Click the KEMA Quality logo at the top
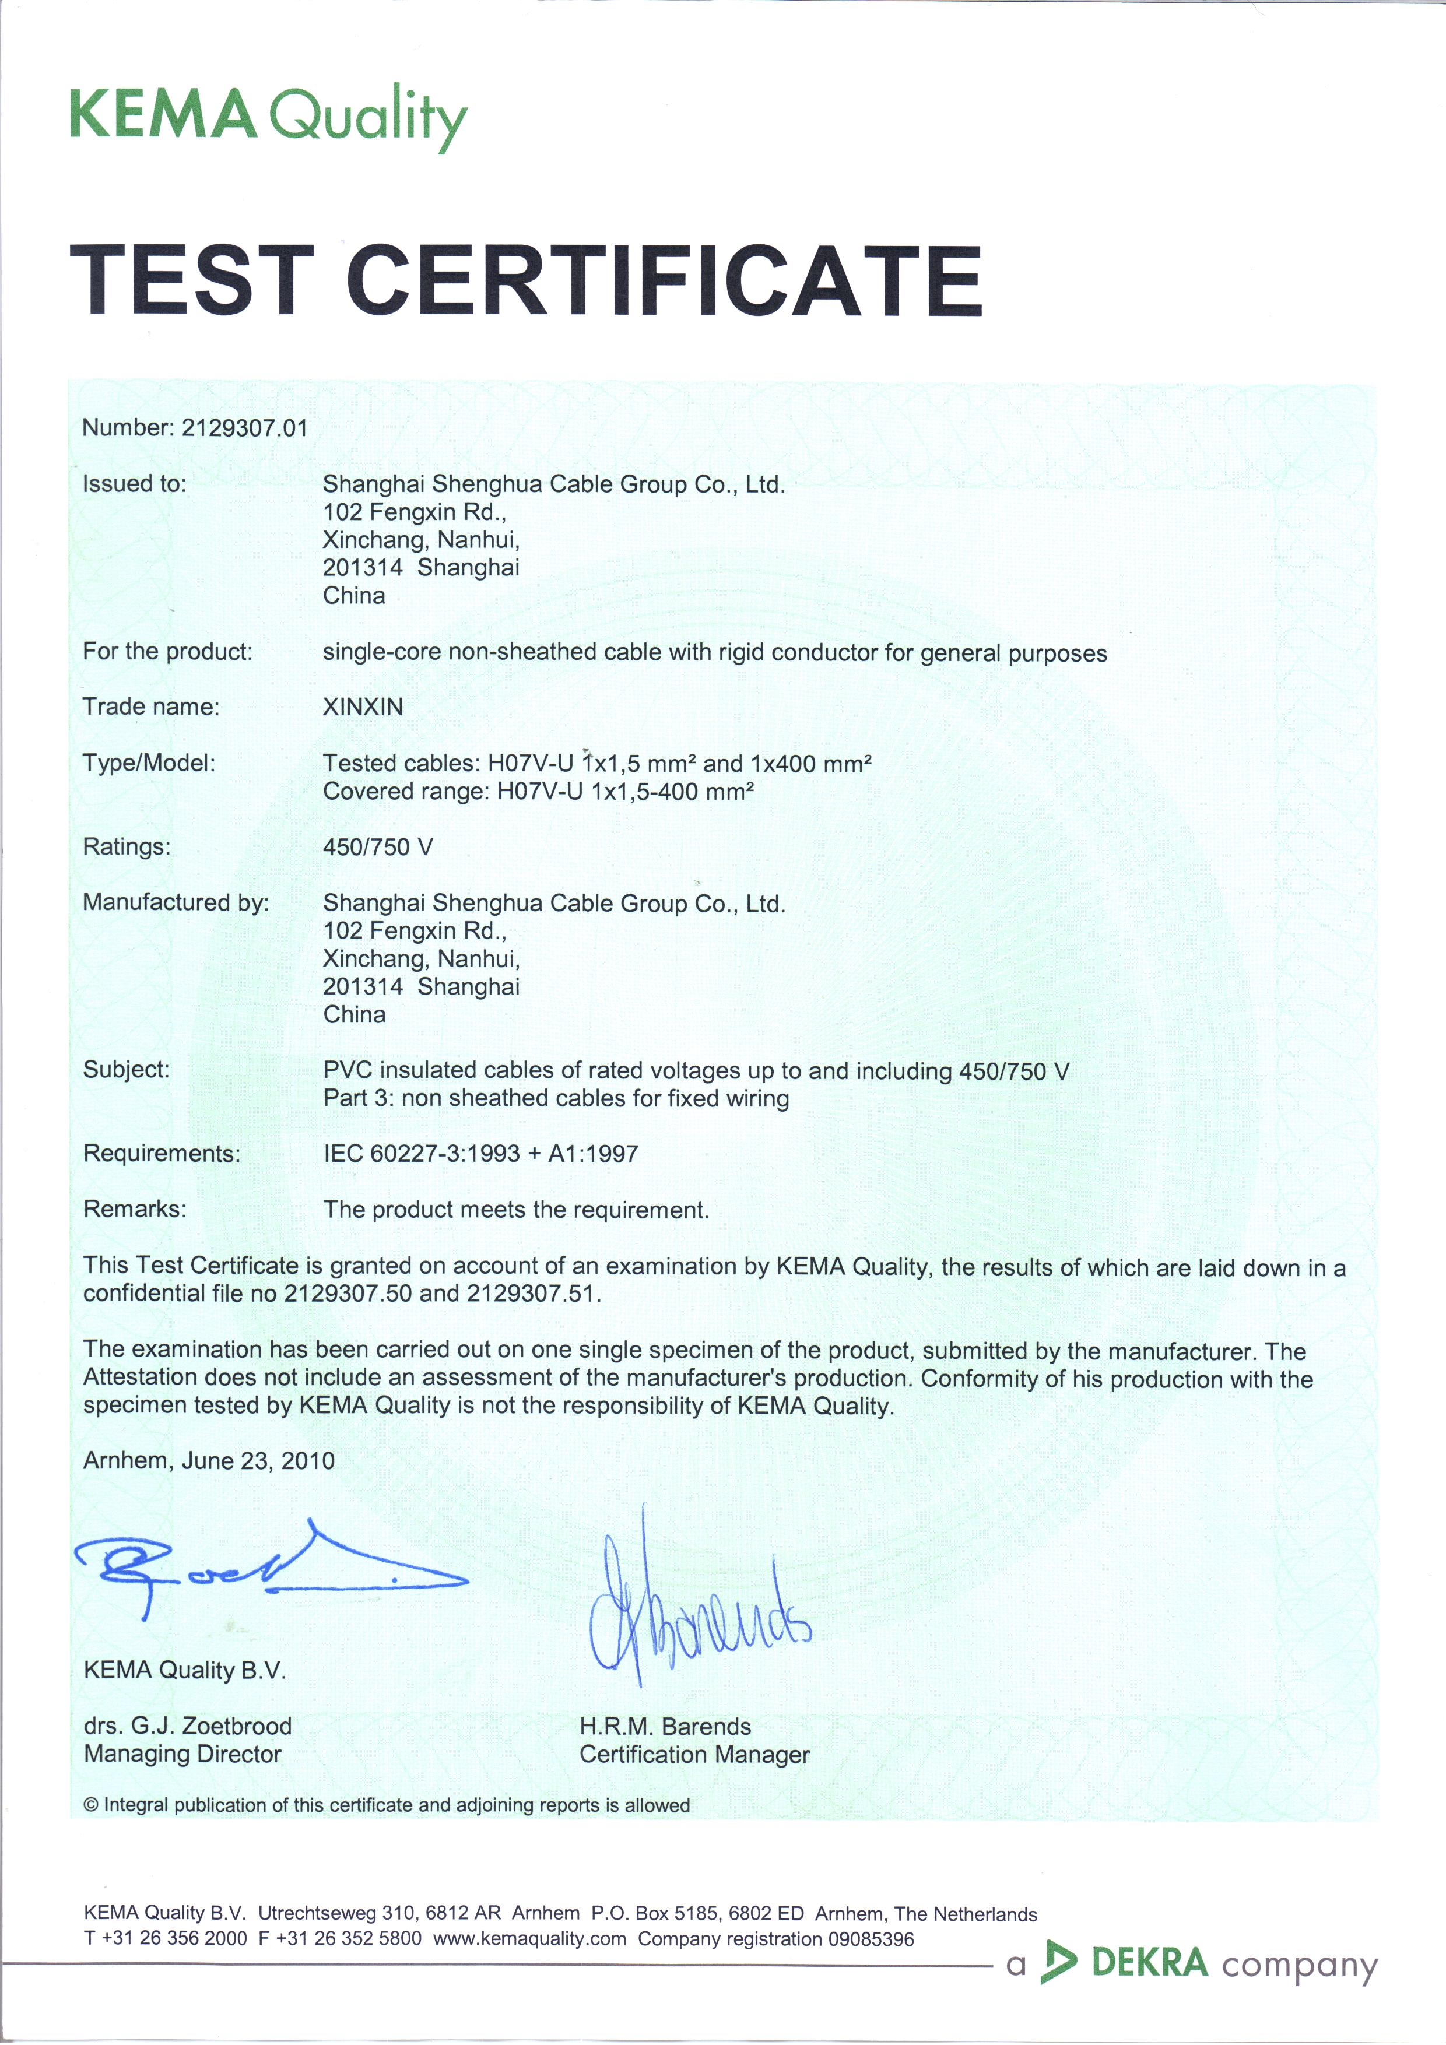(267, 116)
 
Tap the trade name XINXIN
(363, 707)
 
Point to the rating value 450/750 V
(378, 847)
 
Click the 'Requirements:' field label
(162, 1154)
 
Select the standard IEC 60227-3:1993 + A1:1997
(480, 1154)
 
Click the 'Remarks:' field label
(135, 1208)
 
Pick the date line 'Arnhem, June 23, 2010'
(209, 1461)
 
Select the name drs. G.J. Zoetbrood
(187, 1726)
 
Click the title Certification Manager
(694, 1755)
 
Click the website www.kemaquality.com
(529, 1939)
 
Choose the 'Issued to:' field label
(135, 484)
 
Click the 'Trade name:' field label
(150, 707)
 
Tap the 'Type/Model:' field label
(149, 763)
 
